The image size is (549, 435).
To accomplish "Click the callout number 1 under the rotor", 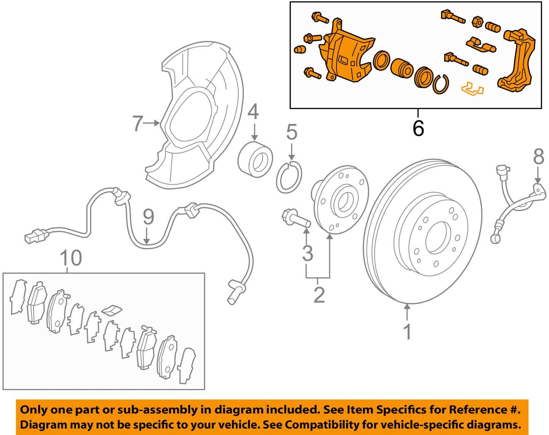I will [x=407, y=332].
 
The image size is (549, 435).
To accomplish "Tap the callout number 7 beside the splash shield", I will [x=138, y=124].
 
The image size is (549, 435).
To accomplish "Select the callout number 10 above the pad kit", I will [x=71, y=258].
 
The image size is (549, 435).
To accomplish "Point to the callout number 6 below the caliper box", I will [x=418, y=128].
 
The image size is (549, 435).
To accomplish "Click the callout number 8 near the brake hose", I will [x=539, y=156].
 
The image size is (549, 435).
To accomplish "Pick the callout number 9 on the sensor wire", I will [x=148, y=217].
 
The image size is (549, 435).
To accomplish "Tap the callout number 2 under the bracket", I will [x=319, y=295].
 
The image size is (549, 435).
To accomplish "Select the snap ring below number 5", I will [x=289, y=177].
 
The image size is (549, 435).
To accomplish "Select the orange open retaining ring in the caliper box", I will [x=440, y=84].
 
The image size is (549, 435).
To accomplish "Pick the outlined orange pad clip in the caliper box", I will [x=473, y=88].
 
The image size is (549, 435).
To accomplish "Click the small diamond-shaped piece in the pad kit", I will [x=112, y=310].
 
